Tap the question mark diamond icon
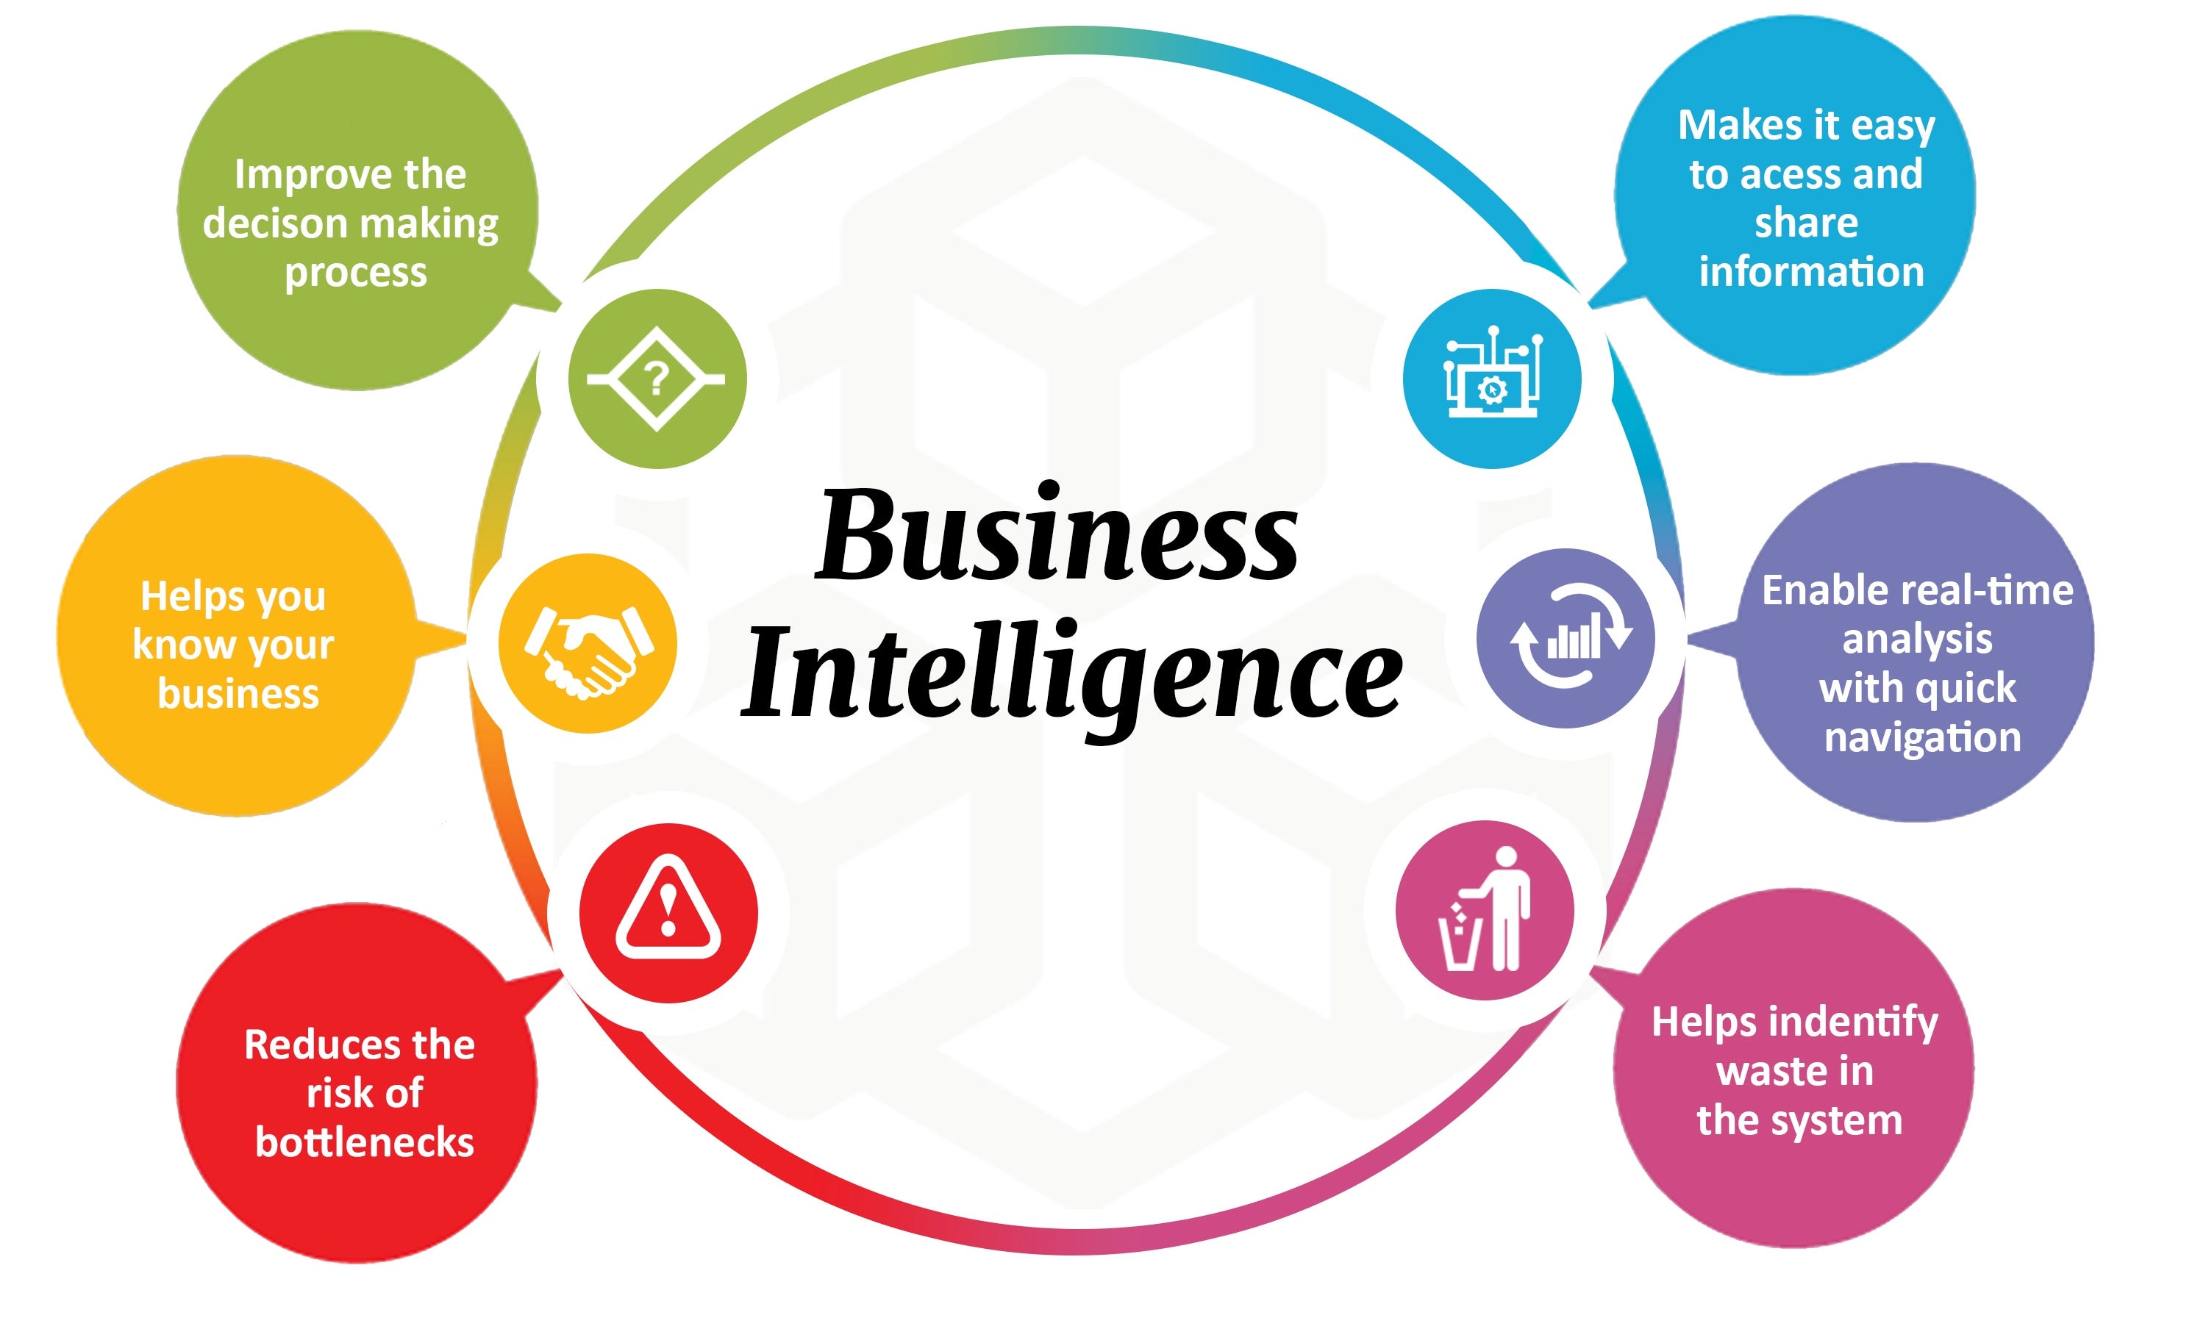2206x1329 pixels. [x=656, y=379]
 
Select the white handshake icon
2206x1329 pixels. [x=588, y=643]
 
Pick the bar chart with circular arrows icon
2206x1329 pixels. [x=1571, y=637]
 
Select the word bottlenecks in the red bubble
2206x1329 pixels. [x=365, y=1142]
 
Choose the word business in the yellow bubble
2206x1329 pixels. [x=238, y=694]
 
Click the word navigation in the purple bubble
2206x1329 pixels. [x=1922, y=737]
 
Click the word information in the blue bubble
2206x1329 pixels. [x=1811, y=271]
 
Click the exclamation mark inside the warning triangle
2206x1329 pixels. [x=668, y=908]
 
